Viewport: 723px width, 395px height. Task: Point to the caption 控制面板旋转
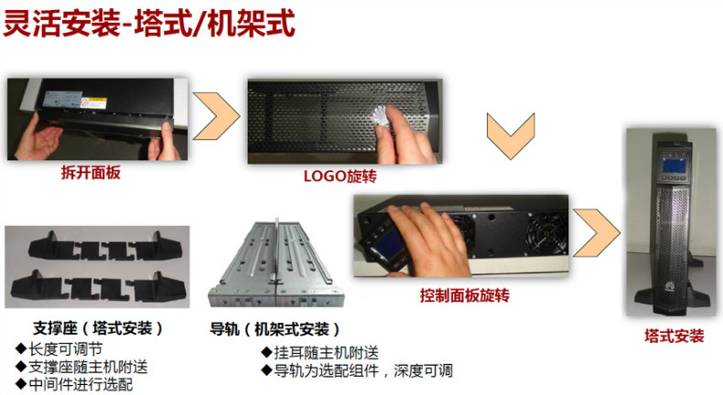click(464, 295)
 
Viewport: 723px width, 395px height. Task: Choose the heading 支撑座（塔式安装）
click(98, 327)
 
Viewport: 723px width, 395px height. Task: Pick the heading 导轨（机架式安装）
click(275, 328)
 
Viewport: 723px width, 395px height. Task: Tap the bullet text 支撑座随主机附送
click(88, 367)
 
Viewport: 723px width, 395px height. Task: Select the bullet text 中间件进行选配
click(81, 384)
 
